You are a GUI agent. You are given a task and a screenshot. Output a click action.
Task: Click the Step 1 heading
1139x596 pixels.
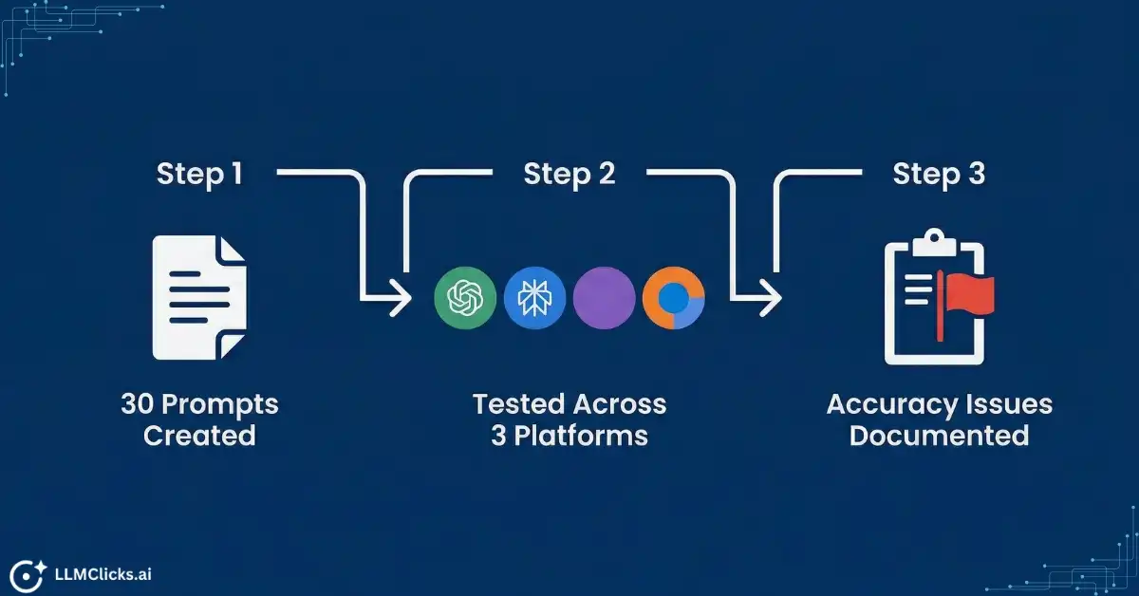click(199, 175)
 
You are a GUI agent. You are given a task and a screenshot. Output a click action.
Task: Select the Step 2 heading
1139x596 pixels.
click(569, 175)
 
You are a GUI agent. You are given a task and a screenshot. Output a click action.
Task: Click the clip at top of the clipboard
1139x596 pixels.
click(935, 239)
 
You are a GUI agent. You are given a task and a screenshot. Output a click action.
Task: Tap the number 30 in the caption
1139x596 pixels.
click(137, 404)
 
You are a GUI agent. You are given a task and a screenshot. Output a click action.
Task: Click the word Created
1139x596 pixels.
click(199, 436)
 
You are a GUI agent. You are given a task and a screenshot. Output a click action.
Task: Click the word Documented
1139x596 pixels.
click(939, 436)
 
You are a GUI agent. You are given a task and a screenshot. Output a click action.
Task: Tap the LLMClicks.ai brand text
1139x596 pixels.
click(103, 572)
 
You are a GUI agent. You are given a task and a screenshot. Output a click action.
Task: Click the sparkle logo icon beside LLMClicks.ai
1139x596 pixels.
click(28, 572)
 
